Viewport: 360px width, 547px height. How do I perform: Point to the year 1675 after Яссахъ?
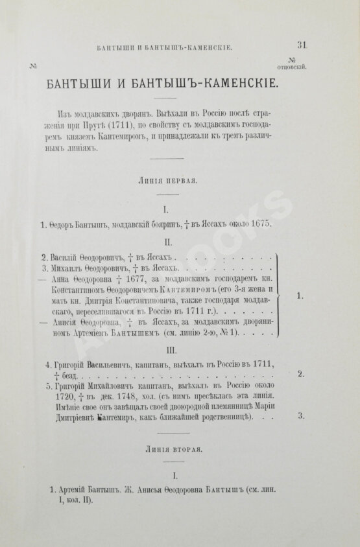[255, 224]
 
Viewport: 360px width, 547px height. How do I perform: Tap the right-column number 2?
[300, 375]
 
